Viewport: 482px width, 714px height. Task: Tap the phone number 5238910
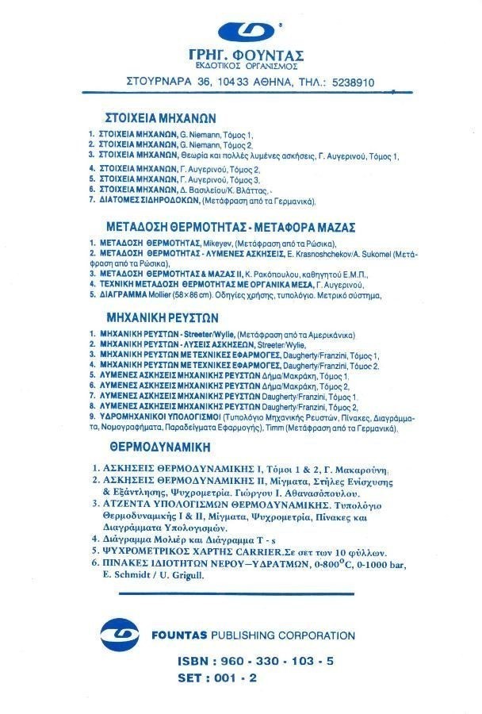click(x=349, y=82)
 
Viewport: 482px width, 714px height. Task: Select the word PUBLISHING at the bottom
click(x=243, y=635)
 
